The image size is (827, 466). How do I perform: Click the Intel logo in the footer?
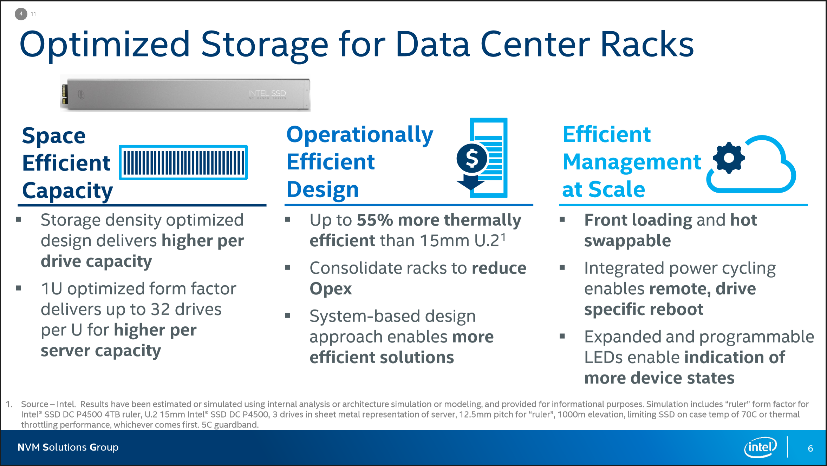[760, 447]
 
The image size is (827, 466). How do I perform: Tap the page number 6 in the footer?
[810, 448]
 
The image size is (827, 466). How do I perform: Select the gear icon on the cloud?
[729, 158]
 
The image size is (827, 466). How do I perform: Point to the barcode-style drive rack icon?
[183, 162]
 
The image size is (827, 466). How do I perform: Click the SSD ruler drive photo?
[185, 93]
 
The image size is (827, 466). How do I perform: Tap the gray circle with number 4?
[21, 14]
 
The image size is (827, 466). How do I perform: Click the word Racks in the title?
[647, 45]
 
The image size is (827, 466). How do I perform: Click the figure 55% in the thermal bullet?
[375, 220]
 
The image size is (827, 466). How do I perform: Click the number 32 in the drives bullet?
[160, 309]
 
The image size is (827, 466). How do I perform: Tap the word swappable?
[627, 241]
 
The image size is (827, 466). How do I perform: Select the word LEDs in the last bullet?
[604, 358]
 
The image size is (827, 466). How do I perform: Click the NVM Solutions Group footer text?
[68, 447]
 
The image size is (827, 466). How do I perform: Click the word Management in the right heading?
[632, 162]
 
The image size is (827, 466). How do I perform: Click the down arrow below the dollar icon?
[470, 182]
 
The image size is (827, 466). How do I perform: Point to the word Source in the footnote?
[34, 404]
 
